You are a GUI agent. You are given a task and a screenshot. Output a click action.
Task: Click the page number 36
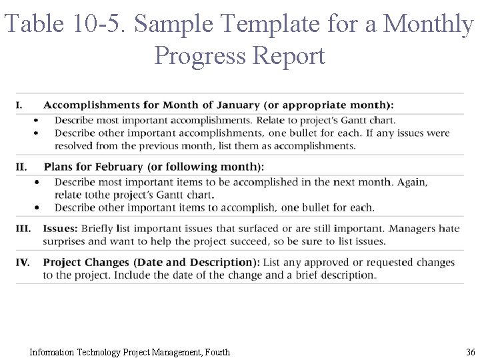point(470,352)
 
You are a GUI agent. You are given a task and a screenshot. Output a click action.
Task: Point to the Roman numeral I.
point(19,105)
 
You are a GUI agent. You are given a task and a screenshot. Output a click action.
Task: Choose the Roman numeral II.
point(21,167)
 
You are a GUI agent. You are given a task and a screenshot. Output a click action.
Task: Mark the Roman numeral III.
point(23,229)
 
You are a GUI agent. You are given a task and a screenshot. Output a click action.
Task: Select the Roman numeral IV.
point(23,262)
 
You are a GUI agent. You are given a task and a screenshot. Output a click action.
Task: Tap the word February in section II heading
point(118,167)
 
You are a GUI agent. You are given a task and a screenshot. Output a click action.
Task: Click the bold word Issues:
point(61,229)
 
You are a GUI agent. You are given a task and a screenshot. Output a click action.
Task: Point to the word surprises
point(67,241)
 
